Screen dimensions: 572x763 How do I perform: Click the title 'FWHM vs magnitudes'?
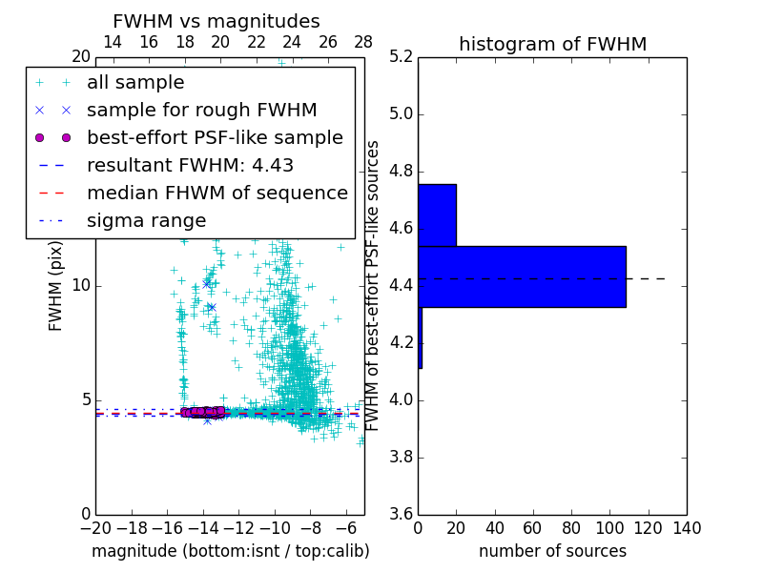tap(216, 21)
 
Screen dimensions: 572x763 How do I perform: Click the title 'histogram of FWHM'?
tap(552, 44)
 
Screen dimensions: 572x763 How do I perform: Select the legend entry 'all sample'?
tap(135, 83)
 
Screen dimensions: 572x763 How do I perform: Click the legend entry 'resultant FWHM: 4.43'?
tap(190, 165)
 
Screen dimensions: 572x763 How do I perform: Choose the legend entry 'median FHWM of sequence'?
tap(217, 193)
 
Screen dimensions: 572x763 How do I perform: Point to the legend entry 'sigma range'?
tap(146, 220)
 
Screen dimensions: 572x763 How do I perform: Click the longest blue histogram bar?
tap(522, 276)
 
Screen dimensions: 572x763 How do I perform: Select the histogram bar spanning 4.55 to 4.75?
tap(437, 214)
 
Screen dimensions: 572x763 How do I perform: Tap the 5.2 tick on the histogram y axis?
tap(402, 57)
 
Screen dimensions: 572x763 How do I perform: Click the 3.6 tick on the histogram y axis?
tap(402, 514)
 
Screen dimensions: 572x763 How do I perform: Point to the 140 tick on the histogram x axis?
tap(687, 528)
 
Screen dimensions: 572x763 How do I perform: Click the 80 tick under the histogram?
tap(571, 528)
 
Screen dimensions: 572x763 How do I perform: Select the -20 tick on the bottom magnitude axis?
tap(95, 528)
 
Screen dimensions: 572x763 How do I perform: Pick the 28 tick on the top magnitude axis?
tap(363, 42)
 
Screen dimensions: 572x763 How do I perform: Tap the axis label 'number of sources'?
tap(552, 551)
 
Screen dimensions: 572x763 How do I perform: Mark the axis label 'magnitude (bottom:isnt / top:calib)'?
tap(230, 551)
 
